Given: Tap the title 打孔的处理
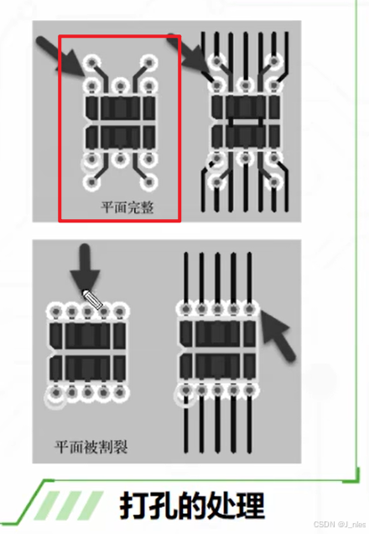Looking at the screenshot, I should [190, 506].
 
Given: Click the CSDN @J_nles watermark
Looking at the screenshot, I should [336, 523].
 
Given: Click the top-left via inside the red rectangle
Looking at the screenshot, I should [92, 62].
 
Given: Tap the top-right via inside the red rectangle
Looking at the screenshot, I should [150, 62].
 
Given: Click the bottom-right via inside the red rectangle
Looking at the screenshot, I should [150, 181].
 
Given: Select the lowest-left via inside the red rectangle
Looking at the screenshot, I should [92, 181].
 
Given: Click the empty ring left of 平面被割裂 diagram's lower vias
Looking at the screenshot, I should [56, 400].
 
